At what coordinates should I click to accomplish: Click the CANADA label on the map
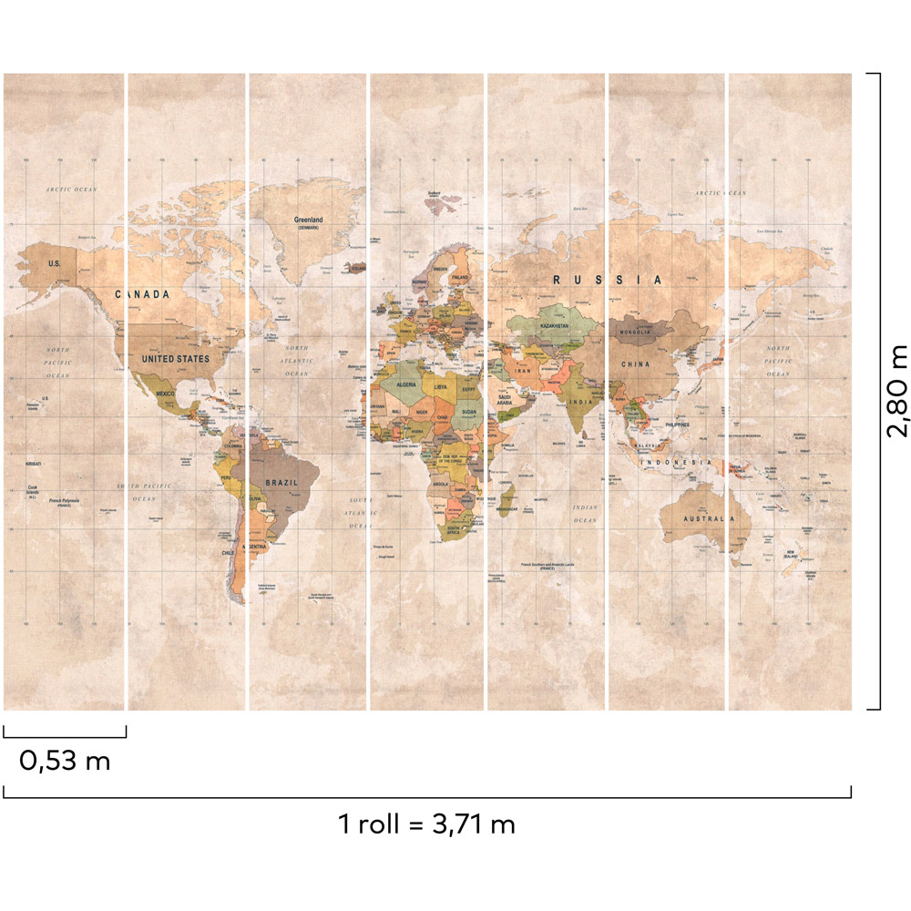[x=143, y=294]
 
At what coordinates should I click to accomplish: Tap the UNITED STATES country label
[x=175, y=359]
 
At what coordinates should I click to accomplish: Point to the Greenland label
[x=308, y=220]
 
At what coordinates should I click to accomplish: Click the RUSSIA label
[x=606, y=281]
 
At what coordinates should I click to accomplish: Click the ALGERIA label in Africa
[x=405, y=385]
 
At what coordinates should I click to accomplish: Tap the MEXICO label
[x=165, y=393]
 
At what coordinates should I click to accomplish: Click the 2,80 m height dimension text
[x=897, y=392]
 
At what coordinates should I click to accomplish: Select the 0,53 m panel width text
[x=65, y=761]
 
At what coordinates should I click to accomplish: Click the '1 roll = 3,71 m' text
[x=426, y=825]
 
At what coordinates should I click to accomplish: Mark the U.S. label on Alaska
[x=54, y=263]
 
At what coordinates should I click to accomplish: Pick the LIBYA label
[x=441, y=386]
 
